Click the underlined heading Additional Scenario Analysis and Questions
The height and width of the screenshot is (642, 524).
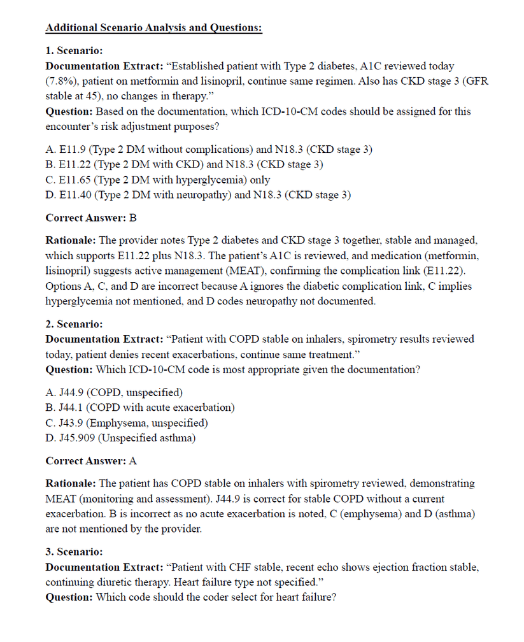(x=153, y=28)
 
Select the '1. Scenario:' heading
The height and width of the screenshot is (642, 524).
(x=74, y=50)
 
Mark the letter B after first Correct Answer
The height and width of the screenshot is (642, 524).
(x=133, y=218)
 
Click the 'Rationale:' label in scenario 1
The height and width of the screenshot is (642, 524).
(x=71, y=241)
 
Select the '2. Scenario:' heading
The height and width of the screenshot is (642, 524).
(x=74, y=324)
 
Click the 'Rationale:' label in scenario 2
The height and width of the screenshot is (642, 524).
(x=71, y=484)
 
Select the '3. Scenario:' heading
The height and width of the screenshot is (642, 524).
(x=74, y=552)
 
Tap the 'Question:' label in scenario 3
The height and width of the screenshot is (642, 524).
(x=69, y=597)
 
